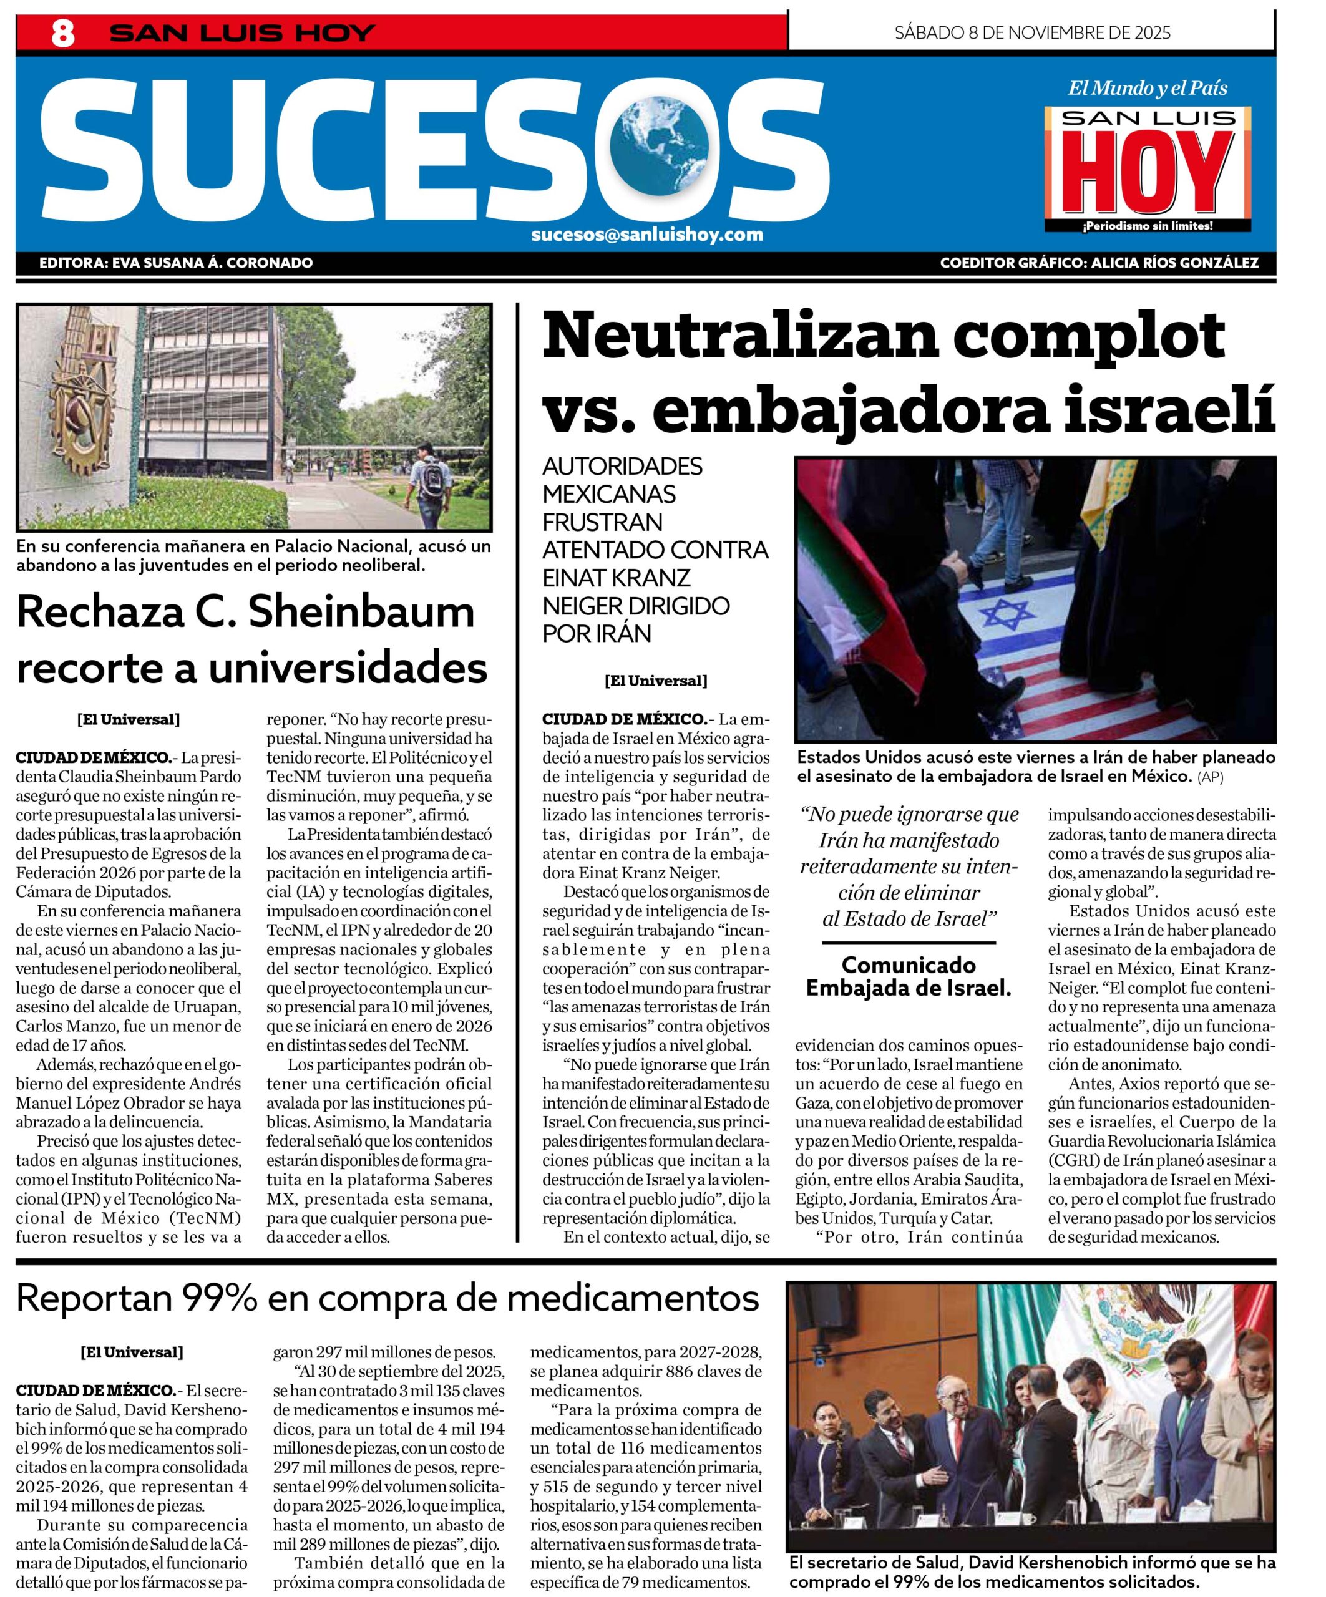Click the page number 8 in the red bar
62,34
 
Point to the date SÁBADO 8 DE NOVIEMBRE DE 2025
1031,32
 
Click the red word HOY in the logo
1146,175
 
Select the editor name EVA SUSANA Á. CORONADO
212,263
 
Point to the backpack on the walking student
432,475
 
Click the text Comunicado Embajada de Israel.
909,976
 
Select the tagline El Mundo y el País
1147,88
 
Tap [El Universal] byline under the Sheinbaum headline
129,719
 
